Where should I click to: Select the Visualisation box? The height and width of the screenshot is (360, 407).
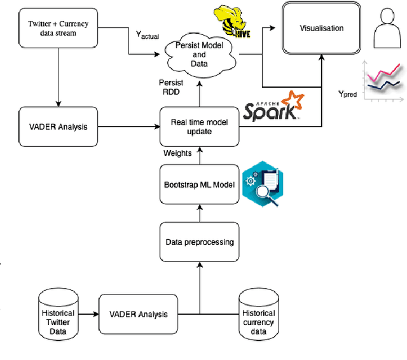321,29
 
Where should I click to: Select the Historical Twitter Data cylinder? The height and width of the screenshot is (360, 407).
57,315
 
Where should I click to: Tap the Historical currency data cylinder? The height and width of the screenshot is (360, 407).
258,315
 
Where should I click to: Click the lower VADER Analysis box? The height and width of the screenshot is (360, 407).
139,314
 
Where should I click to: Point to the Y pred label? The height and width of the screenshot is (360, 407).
347,93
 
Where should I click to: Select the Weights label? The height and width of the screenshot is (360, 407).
177,153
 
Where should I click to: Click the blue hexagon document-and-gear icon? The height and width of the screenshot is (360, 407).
262,184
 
